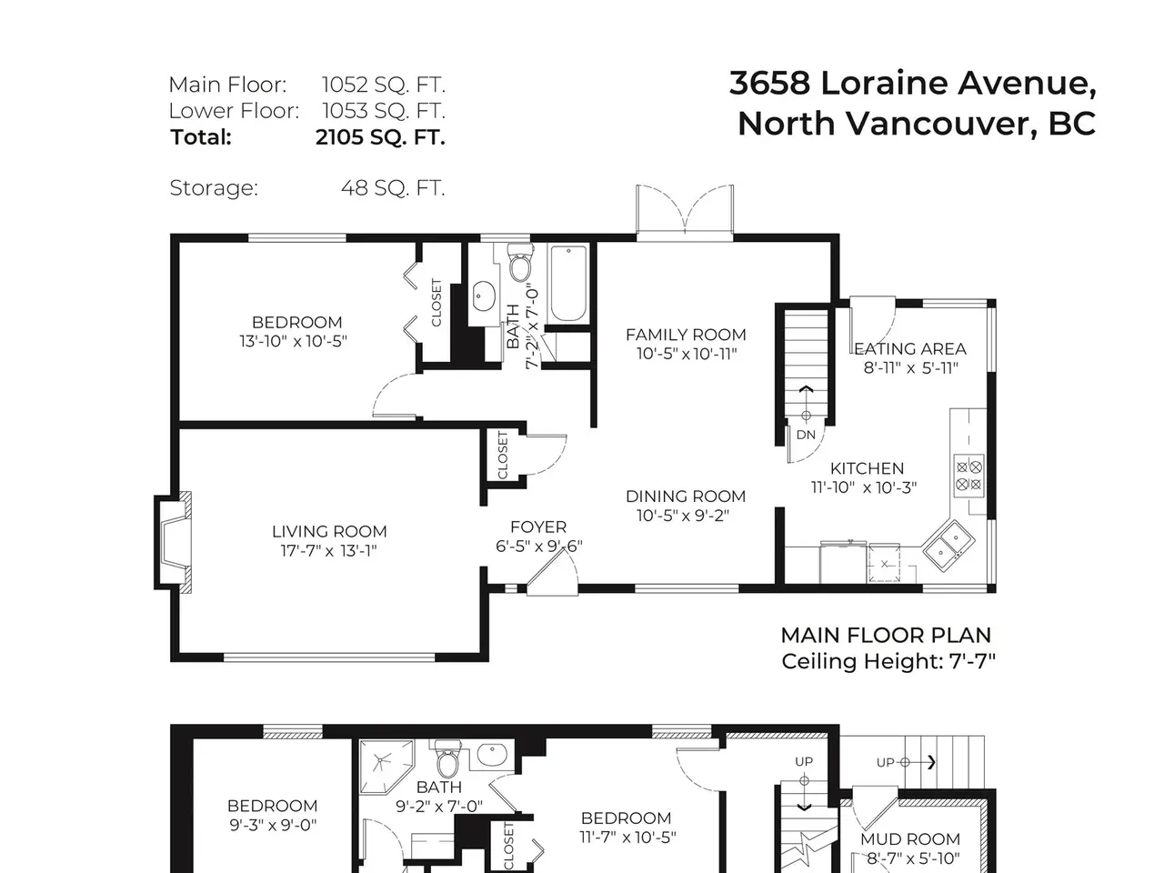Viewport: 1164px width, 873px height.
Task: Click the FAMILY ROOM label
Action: tap(686, 335)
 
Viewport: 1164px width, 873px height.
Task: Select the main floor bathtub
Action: tap(568, 283)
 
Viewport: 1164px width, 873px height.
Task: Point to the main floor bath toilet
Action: tap(519, 263)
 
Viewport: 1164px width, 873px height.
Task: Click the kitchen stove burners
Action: tap(968, 476)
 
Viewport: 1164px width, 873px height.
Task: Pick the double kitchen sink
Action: tap(949, 546)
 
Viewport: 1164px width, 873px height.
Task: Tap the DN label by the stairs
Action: tap(806, 436)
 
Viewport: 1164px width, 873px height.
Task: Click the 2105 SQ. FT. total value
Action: tap(380, 137)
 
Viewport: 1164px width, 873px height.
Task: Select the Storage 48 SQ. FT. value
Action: tap(393, 187)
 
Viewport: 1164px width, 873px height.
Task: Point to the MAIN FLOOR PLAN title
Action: tap(886, 635)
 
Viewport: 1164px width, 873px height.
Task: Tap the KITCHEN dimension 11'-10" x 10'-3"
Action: tap(864, 487)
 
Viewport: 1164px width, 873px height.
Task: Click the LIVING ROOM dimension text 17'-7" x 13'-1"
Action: tap(329, 551)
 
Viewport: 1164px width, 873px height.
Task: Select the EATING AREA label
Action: tap(910, 349)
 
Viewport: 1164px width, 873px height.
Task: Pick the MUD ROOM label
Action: tap(910, 839)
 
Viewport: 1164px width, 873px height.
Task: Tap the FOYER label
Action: tap(538, 527)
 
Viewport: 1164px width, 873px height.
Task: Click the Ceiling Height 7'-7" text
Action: tap(888, 661)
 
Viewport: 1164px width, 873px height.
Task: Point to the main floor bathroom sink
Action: tap(484, 296)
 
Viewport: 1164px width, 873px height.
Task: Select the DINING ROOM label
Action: tap(686, 497)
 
